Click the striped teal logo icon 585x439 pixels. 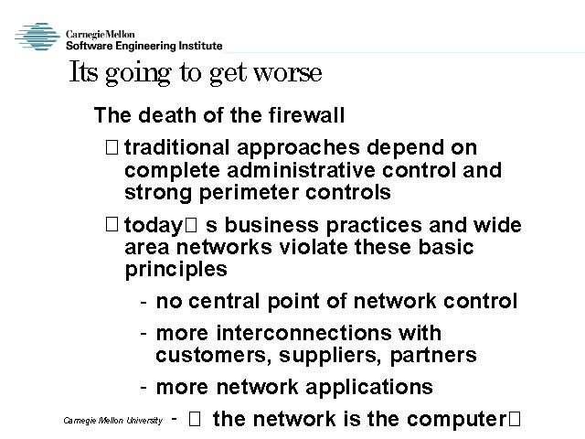(37, 37)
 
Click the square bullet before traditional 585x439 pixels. (112, 146)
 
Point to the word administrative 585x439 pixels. (301, 170)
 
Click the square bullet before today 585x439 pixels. (112, 224)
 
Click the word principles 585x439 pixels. (175, 270)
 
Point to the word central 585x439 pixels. (224, 301)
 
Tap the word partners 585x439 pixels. (433, 356)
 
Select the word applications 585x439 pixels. (369, 388)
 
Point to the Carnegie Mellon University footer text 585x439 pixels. (113, 421)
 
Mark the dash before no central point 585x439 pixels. (144, 301)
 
